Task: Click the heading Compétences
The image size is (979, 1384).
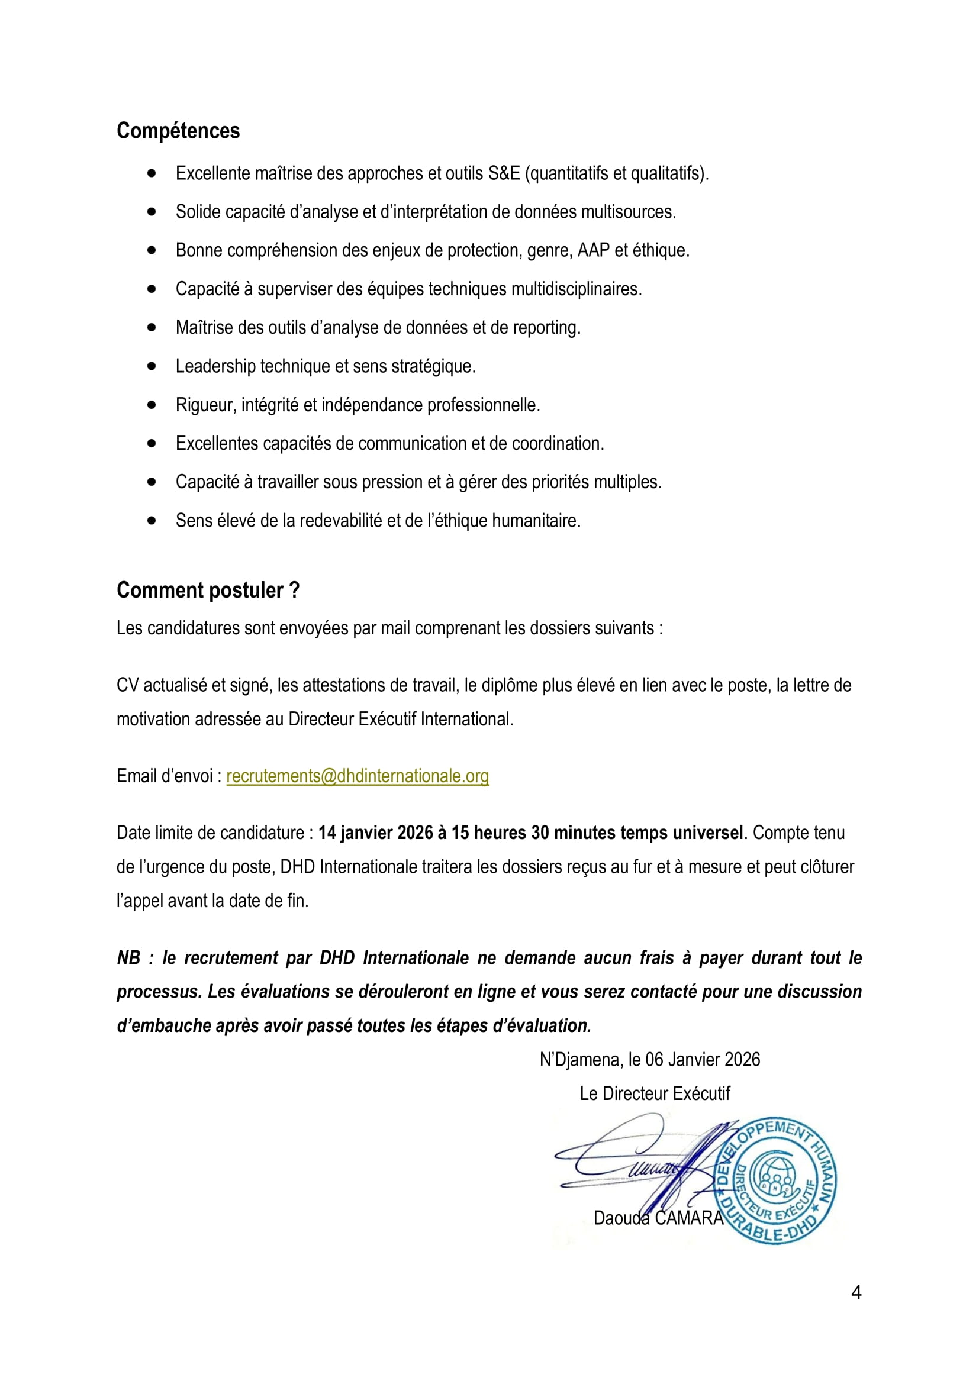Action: click(x=178, y=131)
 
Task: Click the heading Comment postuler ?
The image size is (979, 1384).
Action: click(x=208, y=589)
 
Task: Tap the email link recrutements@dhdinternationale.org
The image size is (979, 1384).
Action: click(x=358, y=776)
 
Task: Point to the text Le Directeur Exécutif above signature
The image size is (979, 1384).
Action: click(x=655, y=1093)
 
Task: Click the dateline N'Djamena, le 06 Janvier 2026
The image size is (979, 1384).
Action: click(x=650, y=1060)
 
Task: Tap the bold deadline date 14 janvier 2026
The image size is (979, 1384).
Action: click(x=376, y=833)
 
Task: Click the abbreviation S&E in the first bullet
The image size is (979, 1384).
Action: click(x=503, y=173)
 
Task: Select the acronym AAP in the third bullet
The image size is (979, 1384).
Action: click(x=593, y=250)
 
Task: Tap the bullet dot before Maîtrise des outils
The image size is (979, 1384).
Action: click(x=152, y=327)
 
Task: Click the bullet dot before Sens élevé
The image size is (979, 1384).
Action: click(x=152, y=520)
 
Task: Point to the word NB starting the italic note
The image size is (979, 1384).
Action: click(x=128, y=958)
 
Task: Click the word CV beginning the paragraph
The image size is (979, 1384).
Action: click(x=127, y=685)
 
